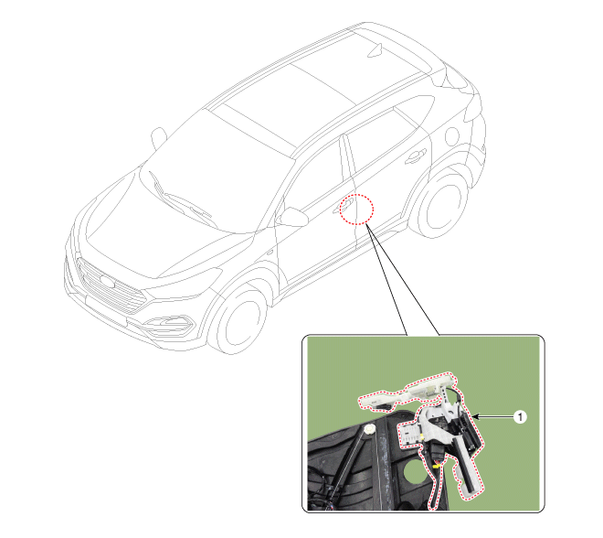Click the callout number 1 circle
(x=520, y=416)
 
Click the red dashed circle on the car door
(x=356, y=210)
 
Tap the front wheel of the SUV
(x=238, y=321)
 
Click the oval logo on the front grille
(x=107, y=283)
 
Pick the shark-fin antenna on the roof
(x=376, y=50)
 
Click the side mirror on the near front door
(x=292, y=217)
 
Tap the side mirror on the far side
(x=158, y=138)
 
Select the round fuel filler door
(x=452, y=136)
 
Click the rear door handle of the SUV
(x=416, y=156)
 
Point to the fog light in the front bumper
(x=168, y=324)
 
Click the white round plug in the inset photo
(x=370, y=428)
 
